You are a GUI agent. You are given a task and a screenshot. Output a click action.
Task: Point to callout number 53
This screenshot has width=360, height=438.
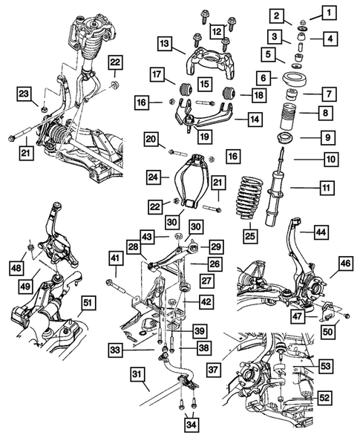pyautogui.click(x=326, y=365)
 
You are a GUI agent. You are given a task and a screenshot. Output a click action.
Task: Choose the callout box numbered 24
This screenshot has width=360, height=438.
pyautogui.click(x=153, y=177)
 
